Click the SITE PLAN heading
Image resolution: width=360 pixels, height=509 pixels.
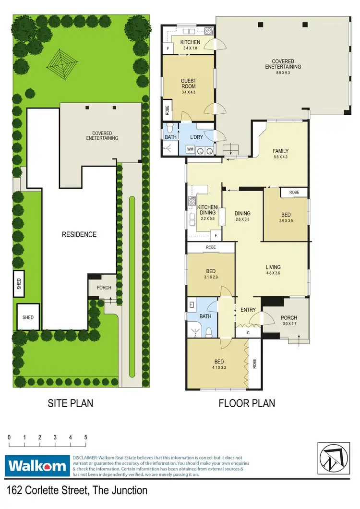click(x=71, y=403)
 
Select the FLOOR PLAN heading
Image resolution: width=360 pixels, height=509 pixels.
click(x=247, y=403)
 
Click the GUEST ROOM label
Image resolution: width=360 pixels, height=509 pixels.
click(x=188, y=84)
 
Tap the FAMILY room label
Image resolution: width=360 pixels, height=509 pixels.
click(x=281, y=151)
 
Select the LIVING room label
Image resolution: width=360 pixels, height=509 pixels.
click(x=273, y=267)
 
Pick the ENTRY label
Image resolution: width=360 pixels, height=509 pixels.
click(x=248, y=310)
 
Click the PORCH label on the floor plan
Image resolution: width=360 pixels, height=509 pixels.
click(x=289, y=318)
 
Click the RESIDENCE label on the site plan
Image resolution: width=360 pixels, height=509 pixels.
click(x=79, y=235)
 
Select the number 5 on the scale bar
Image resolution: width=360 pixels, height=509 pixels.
click(x=85, y=438)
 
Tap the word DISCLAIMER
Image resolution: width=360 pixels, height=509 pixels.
click(x=85, y=458)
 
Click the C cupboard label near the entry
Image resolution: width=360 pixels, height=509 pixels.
click(x=248, y=332)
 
